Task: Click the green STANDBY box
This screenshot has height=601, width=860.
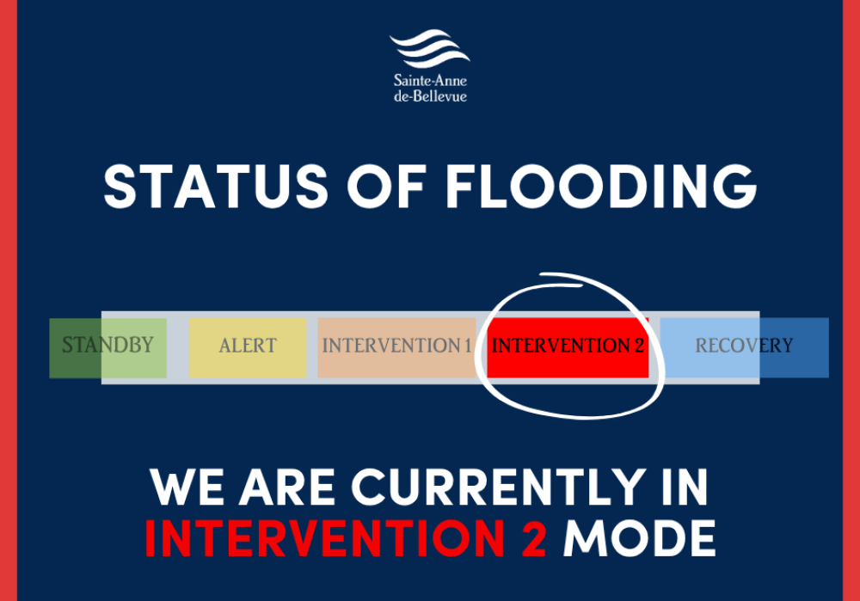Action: click(107, 347)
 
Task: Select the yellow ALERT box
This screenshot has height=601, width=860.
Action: click(248, 347)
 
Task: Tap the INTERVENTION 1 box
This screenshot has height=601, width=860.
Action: click(396, 347)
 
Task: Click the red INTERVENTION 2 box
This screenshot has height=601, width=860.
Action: click(568, 347)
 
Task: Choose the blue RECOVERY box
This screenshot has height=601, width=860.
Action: click(744, 347)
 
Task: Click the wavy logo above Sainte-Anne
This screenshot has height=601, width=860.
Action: click(430, 50)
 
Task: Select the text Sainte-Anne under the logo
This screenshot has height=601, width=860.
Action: click(430, 80)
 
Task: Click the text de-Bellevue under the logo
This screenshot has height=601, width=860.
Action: click(430, 96)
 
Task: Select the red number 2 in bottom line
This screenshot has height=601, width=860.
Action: click(531, 538)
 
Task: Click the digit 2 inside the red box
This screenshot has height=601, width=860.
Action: click(638, 346)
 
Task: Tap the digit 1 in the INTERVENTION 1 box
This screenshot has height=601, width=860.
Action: click(467, 346)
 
